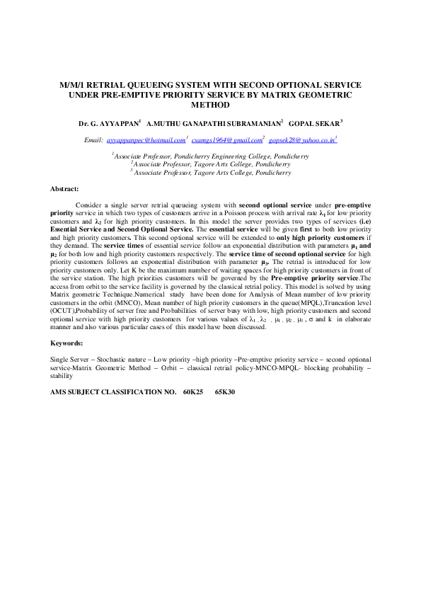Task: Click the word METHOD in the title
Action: tap(210, 105)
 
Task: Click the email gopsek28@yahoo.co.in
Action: tap(301, 140)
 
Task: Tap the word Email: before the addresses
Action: tap(93, 140)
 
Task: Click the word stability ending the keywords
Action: tap(61, 376)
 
